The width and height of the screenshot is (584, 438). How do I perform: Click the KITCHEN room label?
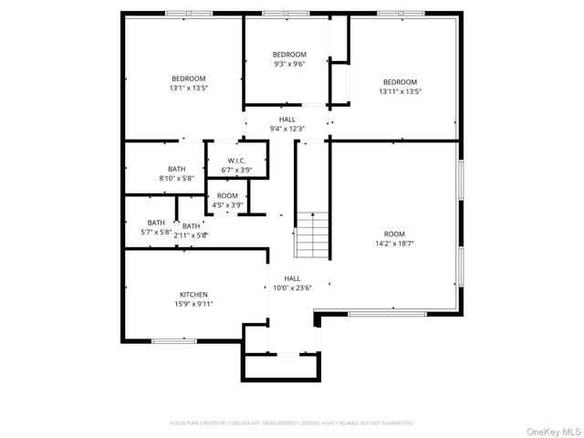click(x=193, y=295)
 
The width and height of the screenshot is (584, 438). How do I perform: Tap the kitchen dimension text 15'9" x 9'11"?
click(x=193, y=304)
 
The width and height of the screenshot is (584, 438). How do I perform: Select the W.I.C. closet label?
click(x=237, y=161)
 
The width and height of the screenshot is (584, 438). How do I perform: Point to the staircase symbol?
click(x=312, y=235)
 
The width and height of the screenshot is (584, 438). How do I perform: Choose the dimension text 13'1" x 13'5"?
click(x=189, y=89)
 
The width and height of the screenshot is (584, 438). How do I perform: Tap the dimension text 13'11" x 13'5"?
click(x=400, y=91)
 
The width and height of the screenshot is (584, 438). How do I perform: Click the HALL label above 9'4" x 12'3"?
click(x=287, y=120)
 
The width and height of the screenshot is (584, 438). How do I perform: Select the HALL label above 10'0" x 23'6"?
click(x=292, y=278)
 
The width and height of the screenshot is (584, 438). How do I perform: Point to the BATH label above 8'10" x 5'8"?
click(x=176, y=169)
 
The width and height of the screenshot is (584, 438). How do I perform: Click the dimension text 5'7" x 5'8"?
click(x=156, y=232)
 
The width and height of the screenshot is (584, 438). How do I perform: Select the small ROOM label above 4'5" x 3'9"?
click(x=227, y=195)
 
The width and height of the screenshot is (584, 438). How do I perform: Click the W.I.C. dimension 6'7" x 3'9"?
click(x=237, y=170)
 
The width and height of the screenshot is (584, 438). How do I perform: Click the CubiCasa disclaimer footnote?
click(x=292, y=423)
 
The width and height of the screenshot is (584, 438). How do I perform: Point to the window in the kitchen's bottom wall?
click(x=174, y=341)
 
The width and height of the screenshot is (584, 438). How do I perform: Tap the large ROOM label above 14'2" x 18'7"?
click(x=394, y=234)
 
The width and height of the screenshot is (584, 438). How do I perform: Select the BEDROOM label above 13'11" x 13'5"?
click(x=400, y=81)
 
